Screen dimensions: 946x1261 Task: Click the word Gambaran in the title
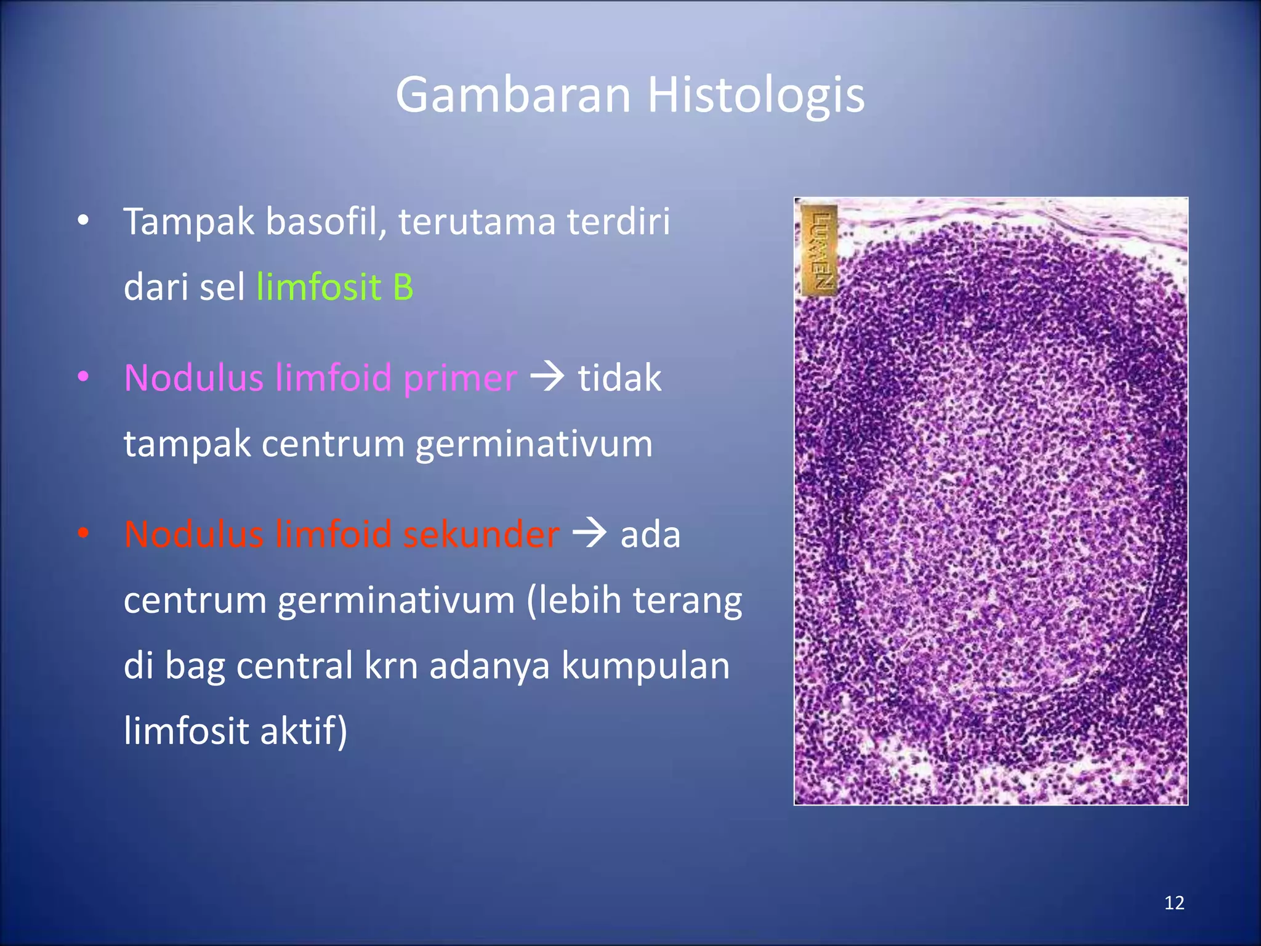pyautogui.click(x=512, y=95)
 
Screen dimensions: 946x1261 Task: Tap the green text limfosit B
pyautogui.click(x=334, y=287)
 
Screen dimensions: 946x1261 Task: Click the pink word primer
pyautogui.click(x=460, y=378)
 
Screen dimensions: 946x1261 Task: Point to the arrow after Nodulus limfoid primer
pyautogui.click(x=547, y=376)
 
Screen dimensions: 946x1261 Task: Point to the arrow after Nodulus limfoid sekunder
pyautogui.click(x=589, y=533)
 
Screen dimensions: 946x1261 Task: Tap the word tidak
pyautogui.click(x=619, y=378)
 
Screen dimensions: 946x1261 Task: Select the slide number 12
pyautogui.click(x=1174, y=903)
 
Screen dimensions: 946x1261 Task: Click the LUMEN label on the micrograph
pyautogui.click(x=820, y=251)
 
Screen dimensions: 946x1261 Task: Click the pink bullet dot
pyautogui.click(x=84, y=376)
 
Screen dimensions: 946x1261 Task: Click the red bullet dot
pyautogui.click(x=84, y=533)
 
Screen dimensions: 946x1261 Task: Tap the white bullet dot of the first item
pyautogui.click(x=84, y=220)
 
